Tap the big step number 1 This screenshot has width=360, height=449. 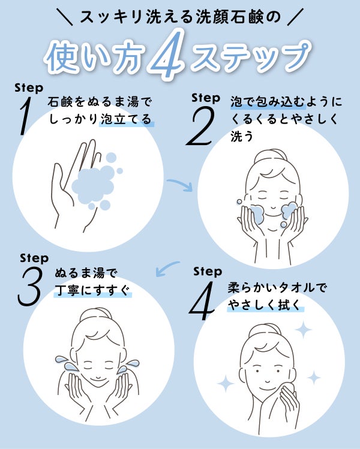pos(25,116)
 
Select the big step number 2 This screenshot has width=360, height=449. pos(200,126)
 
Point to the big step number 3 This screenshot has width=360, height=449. pos(30,287)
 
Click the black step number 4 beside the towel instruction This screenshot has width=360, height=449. pos(202,301)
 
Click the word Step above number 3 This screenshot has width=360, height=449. pos(34,258)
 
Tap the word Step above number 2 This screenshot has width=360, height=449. pos(206,98)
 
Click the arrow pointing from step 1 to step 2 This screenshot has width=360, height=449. pos(180,184)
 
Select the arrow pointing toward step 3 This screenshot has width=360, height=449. pos(167,269)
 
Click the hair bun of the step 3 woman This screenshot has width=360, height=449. pos(96,315)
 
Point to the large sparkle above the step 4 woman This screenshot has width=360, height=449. pos(303,330)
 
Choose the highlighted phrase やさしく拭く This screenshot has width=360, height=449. pos(265,305)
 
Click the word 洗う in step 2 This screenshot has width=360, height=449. pos(242,136)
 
